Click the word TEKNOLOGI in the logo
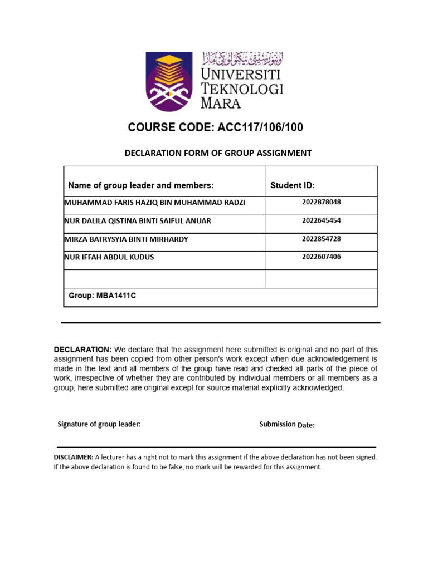[x=242, y=89]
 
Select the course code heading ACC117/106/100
[x=216, y=127]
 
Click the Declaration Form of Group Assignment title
[x=217, y=153]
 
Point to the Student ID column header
[x=293, y=185]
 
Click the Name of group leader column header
[x=141, y=185]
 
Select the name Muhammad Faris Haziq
[x=155, y=203]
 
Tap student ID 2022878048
[x=321, y=202]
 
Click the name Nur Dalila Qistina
[x=138, y=221]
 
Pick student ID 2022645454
[x=321, y=220]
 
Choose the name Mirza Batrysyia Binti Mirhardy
[x=127, y=239]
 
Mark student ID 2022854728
[x=321, y=239]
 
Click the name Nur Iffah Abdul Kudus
[x=110, y=257]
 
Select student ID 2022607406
[x=321, y=257]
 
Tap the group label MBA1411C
[x=102, y=296]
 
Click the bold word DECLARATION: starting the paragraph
[x=82, y=350]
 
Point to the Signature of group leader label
[x=99, y=424]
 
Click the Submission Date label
[x=287, y=425]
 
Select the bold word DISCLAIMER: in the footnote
[x=74, y=457]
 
